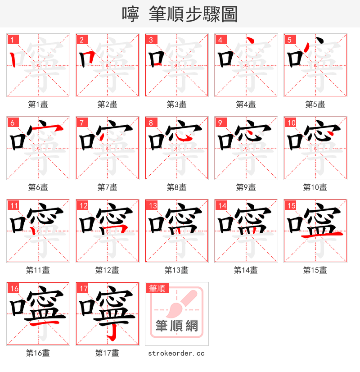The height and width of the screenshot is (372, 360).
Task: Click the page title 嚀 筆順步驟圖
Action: [180, 14]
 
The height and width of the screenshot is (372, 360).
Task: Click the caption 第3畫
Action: [176, 104]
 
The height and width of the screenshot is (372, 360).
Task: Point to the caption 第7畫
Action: [107, 187]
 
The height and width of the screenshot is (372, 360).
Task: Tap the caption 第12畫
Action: [107, 270]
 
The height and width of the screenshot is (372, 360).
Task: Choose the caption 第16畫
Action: [38, 353]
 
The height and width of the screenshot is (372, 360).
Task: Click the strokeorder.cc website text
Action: [176, 354]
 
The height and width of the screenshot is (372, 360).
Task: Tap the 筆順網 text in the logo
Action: [176, 326]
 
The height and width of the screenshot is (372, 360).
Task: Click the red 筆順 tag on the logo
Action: [157, 288]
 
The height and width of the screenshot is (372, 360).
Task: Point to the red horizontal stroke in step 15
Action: [322, 235]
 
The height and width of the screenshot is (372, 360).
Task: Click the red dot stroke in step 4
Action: [251, 41]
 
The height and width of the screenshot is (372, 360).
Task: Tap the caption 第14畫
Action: [246, 270]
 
